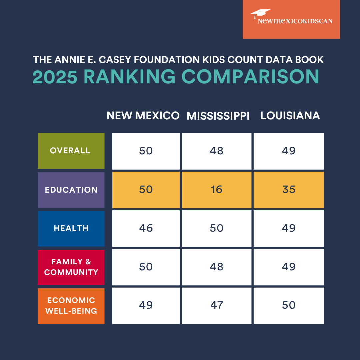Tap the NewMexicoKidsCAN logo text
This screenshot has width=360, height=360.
point(295,21)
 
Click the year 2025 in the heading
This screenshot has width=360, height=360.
point(55,76)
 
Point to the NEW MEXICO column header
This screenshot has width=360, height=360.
point(143,116)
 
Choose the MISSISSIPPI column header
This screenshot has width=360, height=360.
point(218,116)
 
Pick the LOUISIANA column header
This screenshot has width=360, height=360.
point(290,116)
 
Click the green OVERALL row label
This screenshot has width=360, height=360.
point(71,151)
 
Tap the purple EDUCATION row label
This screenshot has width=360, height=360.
point(71,190)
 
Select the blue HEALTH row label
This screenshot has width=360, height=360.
point(71,228)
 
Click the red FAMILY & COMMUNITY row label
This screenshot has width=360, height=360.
point(71,267)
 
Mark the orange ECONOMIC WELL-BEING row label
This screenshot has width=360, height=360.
point(71,306)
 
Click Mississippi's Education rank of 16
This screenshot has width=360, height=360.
point(216,190)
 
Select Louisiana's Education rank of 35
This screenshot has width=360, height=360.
point(289,190)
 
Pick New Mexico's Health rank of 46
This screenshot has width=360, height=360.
point(146,228)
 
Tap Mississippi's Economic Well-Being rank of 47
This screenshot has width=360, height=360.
point(216,305)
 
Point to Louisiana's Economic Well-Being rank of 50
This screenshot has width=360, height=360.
point(289,305)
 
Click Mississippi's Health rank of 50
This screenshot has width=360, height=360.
point(216,228)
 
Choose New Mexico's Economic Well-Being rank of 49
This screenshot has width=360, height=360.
point(146,305)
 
